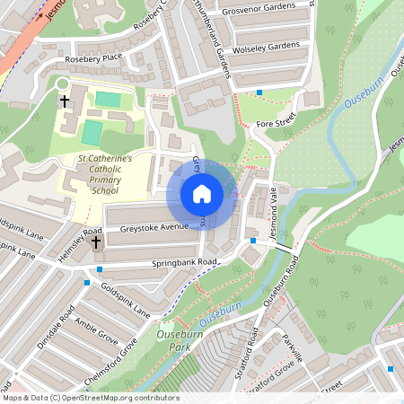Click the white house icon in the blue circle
(x=202, y=193)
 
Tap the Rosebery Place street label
(x=92, y=58)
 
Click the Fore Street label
(x=275, y=122)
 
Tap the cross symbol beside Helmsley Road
(x=96, y=242)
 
